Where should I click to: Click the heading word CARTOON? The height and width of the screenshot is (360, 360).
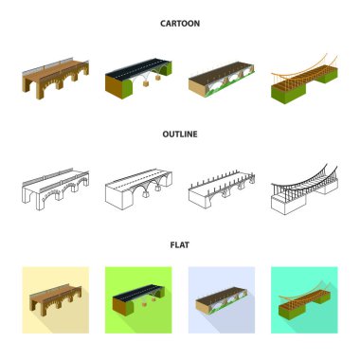click(x=180, y=24)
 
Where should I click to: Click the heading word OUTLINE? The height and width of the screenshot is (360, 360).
click(x=180, y=134)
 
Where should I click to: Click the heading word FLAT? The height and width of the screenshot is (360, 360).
click(x=180, y=244)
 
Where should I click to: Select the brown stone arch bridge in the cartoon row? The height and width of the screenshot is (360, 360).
click(x=55, y=79)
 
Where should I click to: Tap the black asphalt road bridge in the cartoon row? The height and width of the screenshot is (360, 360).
click(x=138, y=79)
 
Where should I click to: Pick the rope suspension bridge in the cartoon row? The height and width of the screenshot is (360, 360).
click(x=304, y=79)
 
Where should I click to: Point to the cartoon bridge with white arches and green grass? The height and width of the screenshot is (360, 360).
click(x=222, y=79)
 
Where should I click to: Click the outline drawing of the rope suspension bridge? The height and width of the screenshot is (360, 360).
click(x=304, y=189)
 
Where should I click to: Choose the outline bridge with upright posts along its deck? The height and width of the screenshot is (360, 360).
click(x=222, y=189)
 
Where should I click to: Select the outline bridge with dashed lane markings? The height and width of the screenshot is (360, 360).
click(x=138, y=189)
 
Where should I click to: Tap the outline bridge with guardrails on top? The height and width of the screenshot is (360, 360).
click(x=55, y=189)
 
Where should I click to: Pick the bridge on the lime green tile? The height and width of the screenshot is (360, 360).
click(x=138, y=300)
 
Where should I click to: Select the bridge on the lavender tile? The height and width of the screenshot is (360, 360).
click(x=222, y=300)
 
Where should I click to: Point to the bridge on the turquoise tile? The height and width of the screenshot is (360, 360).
click(x=304, y=300)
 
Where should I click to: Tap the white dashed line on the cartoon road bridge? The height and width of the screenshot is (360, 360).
click(x=137, y=68)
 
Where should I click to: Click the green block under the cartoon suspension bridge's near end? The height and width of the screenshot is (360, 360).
click(x=288, y=93)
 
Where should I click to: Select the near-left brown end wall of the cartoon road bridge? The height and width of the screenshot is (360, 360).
click(x=114, y=87)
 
